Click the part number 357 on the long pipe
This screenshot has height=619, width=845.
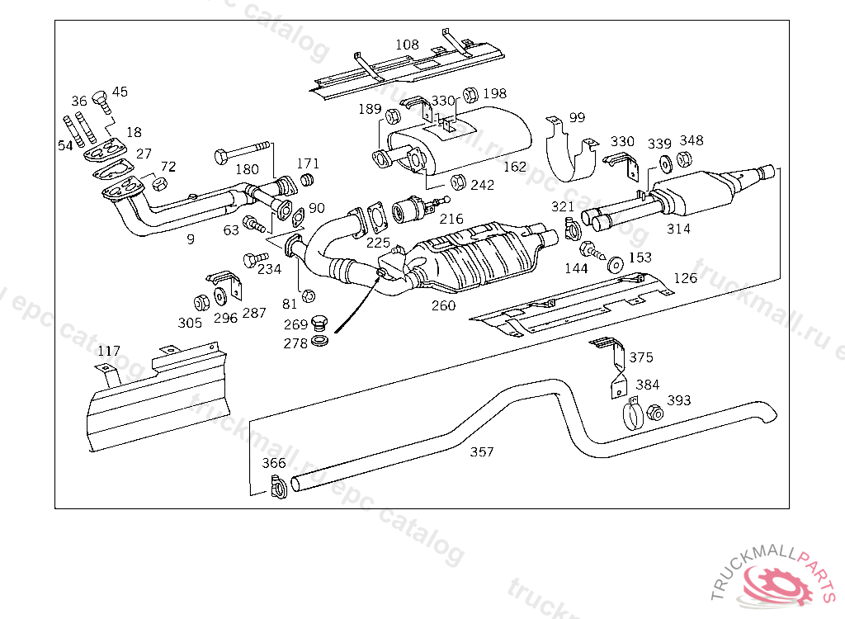coord(482,451)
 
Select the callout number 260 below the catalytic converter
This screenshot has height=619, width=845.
coord(443,305)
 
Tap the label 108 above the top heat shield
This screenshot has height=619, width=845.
coord(407,45)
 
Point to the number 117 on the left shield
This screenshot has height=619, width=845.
coord(108,352)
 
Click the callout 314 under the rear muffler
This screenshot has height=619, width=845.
coord(678,229)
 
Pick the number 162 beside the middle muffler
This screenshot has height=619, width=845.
coord(514,167)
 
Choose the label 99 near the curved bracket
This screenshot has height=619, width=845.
coord(577,117)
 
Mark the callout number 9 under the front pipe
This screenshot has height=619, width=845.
coord(191,239)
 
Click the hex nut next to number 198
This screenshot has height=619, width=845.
coord(471,94)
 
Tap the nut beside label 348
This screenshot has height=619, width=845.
coord(684,158)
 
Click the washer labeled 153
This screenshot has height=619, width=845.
coord(616,265)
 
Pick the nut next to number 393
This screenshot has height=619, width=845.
coord(656,413)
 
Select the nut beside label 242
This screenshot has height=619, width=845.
coord(458,182)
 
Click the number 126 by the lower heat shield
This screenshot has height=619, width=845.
coord(685,277)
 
